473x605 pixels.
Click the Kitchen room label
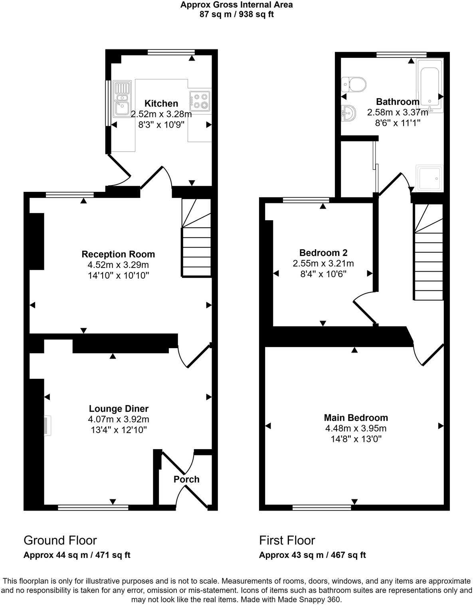(161, 103)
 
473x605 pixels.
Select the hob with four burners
(200, 101)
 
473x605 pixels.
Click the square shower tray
(429, 177)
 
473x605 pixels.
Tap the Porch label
(186, 479)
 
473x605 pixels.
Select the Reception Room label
(118, 254)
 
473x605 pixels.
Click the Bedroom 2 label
(323, 253)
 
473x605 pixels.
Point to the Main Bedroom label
(356, 418)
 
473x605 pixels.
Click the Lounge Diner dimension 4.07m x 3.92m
(119, 420)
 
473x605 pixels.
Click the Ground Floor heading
(60, 540)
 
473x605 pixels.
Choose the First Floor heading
(287, 540)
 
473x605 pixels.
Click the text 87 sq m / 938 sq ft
(236, 15)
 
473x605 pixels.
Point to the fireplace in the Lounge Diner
(47, 426)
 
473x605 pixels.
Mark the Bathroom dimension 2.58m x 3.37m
(398, 113)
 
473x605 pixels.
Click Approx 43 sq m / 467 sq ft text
(312, 555)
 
